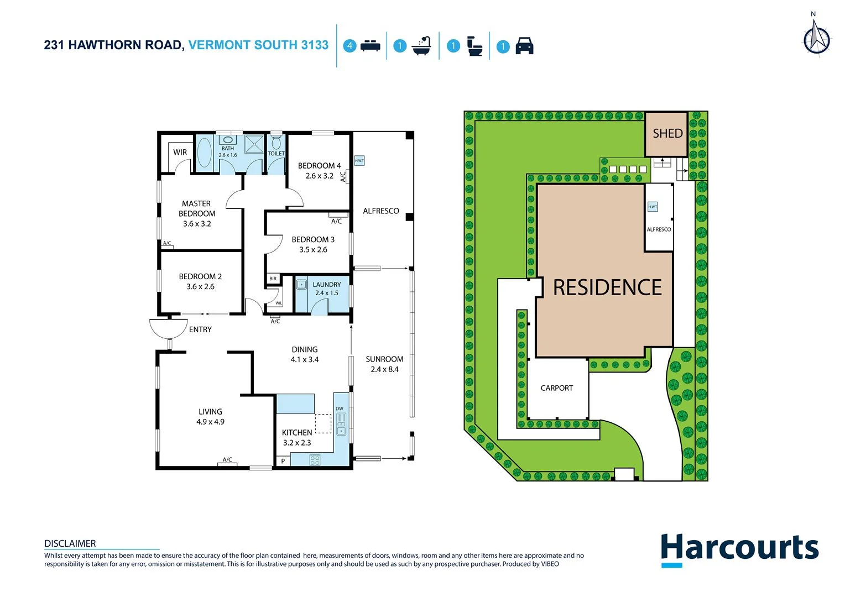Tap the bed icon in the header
coord(370,46)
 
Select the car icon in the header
coord(524,46)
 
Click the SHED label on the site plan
coord(667,134)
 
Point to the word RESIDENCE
coord(607,287)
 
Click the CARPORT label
coord(556,388)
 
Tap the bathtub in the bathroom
coord(204,153)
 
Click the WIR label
coord(180,152)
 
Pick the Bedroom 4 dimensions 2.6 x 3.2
coord(320,176)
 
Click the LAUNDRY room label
coord(327,285)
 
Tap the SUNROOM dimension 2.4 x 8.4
coord(384,369)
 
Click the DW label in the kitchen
coord(339,409)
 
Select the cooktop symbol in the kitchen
coord(315,459)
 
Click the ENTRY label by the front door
coord(200,329)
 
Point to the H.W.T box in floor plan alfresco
coord(359,161)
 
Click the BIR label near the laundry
coord(273,279)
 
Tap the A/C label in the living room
coord(227,460)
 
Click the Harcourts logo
coord(739,549)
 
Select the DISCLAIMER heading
coord(70,543)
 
